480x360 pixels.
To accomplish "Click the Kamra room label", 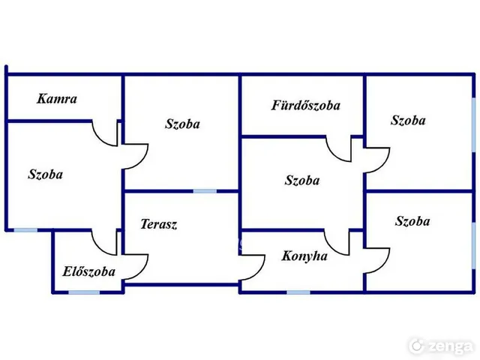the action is click(57, 99).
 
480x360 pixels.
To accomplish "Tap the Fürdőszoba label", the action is click(306, 105).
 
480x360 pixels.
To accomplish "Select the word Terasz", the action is click(158, 224).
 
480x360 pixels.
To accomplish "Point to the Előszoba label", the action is click(88, 271).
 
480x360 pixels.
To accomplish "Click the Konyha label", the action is click(304, 256).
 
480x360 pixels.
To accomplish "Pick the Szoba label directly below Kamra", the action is click(45, 174).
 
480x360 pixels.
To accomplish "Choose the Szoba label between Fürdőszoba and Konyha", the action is click(302, 180).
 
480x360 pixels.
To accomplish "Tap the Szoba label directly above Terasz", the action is click(182, 124).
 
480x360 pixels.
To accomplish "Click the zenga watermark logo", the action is click(441, 346).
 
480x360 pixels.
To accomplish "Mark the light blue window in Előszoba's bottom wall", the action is click(84, 292).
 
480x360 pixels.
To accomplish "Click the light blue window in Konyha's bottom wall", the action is click(298, 292).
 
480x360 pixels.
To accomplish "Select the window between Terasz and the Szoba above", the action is click(205, 191).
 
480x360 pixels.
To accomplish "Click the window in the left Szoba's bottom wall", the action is click(25, 230).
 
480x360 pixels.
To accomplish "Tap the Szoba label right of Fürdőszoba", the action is click(408, 120).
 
